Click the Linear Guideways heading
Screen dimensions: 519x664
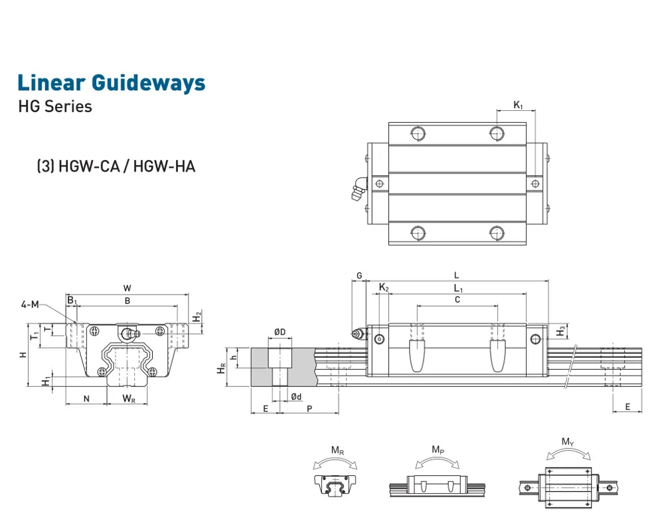pyautogui.click(x=112, y=83)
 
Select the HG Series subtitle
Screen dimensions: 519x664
pyautogui.click(x=55, y=106)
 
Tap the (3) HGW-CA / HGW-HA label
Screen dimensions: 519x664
pyautogui.click(x=116, y=166)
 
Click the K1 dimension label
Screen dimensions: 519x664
pyautogui.click(x=519, y=105)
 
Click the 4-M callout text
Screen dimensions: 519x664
pyautogui.click(x=30, y=305)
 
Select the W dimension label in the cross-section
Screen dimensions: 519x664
pyautogui.click(x=127, y=288)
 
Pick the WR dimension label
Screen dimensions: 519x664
pyautogui.click(x=129, y=398)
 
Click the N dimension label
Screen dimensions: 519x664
pyautogui.click(x=86, y=398)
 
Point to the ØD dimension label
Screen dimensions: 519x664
pyautogui.click(x=280, y=332)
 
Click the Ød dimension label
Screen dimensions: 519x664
pyautogui.click(x=296, y=397)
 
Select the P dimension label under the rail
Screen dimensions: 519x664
pyautogui.click(x=309, y=408)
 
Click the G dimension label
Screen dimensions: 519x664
pyautogui.click(x=359, y=275)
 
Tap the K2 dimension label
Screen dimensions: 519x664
pyautogui.click(x=384, y=287)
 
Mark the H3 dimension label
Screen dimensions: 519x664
pyautogui.click(x=561, y=330)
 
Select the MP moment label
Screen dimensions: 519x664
pyautogui.click(x=438, y=450)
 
